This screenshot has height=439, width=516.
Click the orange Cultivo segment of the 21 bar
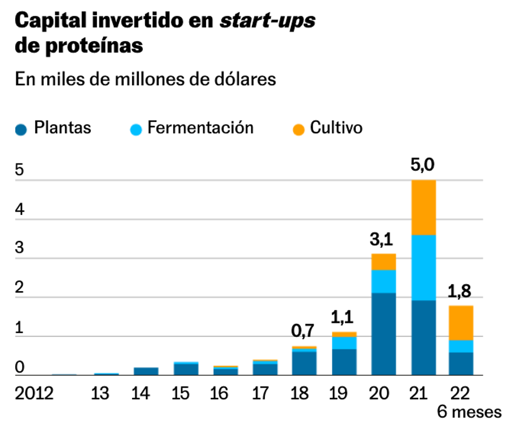pos(423,207)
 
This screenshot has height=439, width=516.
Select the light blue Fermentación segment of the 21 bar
pos(423,267)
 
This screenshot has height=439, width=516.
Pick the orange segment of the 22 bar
pos(461,323)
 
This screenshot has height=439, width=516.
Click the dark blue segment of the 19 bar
pos(344,362)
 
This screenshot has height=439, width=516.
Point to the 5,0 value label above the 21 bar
pos(423,166)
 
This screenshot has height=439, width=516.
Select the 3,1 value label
pos(384,241)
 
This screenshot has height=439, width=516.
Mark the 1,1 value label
pos(344,319)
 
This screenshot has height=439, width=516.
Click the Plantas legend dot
pos(21,129)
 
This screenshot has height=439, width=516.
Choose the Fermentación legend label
pos(200,128)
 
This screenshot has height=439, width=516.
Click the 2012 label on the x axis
pos(34,393)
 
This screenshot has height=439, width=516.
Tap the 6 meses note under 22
pos(469,412)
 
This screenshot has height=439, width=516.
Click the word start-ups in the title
pos(268,21)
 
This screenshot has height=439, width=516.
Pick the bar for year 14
pos(146,371)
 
